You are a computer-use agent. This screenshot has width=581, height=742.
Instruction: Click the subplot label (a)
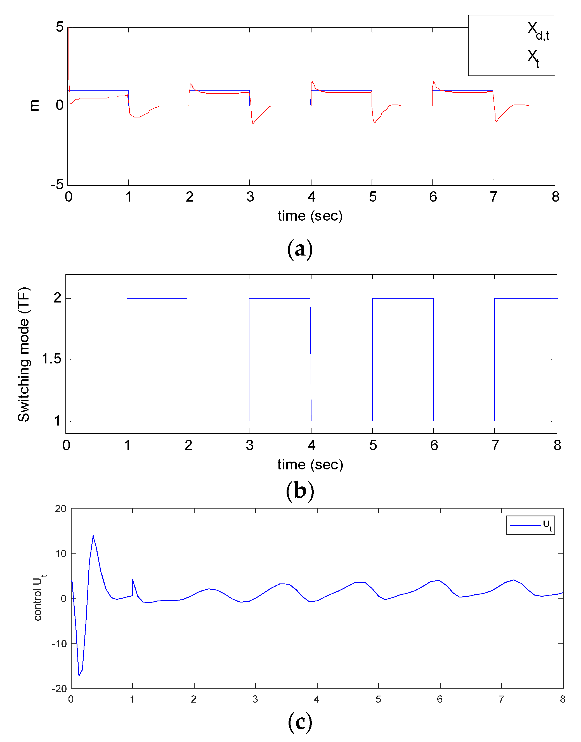300,249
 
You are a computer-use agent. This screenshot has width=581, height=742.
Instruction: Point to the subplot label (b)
300,491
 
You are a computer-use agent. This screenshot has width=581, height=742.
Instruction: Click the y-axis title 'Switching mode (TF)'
24,355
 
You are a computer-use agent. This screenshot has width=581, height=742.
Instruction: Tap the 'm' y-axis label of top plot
34,105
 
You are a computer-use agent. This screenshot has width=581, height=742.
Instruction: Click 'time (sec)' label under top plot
310,216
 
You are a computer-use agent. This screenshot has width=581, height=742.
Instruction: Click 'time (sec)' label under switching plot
310,464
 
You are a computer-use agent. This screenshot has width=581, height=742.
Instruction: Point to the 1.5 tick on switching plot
51,359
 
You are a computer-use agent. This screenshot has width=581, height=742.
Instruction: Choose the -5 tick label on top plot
57,185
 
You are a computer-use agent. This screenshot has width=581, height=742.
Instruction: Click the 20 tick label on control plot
61,509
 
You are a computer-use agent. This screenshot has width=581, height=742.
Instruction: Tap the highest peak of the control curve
93,536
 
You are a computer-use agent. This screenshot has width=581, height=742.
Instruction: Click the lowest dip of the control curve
79,675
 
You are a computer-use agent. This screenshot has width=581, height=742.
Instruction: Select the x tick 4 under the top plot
311,197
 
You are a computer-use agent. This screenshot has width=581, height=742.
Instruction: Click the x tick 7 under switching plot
495,445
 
